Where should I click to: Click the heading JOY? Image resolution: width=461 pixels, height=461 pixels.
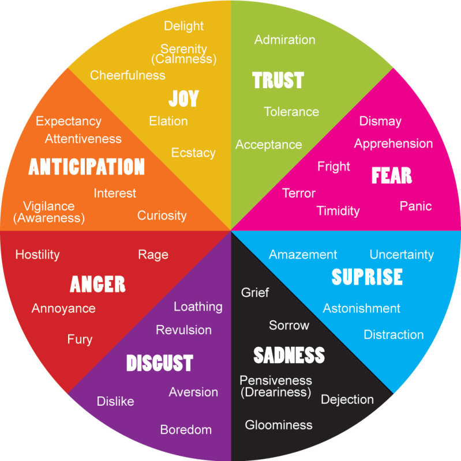[x=183, y=99]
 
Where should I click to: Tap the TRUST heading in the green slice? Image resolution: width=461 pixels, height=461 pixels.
[x=278, y=80]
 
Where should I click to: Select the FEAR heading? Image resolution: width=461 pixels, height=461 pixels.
[x=392, y=175]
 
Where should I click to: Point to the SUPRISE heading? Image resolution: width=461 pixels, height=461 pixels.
[x=367, y=277]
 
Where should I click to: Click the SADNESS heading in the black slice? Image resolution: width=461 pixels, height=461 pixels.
[x=289, y=355]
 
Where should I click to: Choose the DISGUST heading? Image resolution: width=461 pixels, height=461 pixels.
[x=159, y=363]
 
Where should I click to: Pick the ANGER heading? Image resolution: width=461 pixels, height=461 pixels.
[x=98, y=284]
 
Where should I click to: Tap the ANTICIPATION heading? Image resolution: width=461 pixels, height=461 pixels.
[x=87, y=167]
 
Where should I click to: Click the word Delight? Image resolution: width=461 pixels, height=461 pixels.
[x=183, y=26]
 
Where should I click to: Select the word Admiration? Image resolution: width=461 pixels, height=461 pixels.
[x=284, y=40]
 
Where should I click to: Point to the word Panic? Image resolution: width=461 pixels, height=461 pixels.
[x=415, y=206]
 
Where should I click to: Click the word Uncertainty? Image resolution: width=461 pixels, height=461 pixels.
[x=402, y=254]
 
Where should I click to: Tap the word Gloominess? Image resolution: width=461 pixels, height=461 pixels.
[x=279, y=425]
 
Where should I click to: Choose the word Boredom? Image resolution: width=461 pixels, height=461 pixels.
[x=186, y=429]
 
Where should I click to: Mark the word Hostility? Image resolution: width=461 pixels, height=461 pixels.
[x=38, y=254]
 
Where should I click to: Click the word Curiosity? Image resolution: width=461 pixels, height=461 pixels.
[x=162, y=216]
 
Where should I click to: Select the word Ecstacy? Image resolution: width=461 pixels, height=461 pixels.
[x=193, y=153]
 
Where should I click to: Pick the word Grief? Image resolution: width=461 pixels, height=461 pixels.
[x=255, y=292]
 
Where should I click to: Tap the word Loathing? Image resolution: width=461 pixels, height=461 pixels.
[x=198, y=307]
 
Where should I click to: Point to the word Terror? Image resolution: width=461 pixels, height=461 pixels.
[x=299, y=193]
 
